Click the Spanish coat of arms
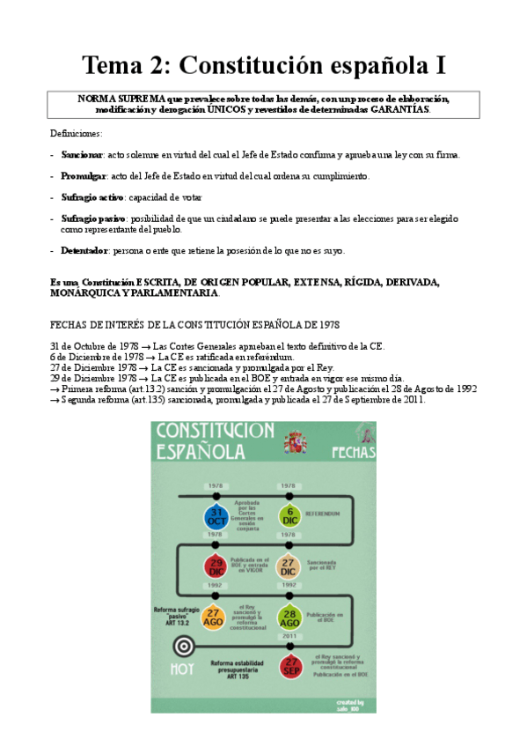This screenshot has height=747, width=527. coord(295,440)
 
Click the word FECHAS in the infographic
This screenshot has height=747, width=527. coord(354,452)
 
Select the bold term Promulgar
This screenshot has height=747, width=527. coord(83,176)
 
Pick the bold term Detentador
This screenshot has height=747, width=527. coord(84,251)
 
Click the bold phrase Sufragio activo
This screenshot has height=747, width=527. coord(92,197)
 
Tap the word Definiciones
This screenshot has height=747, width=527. coord(76,133)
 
